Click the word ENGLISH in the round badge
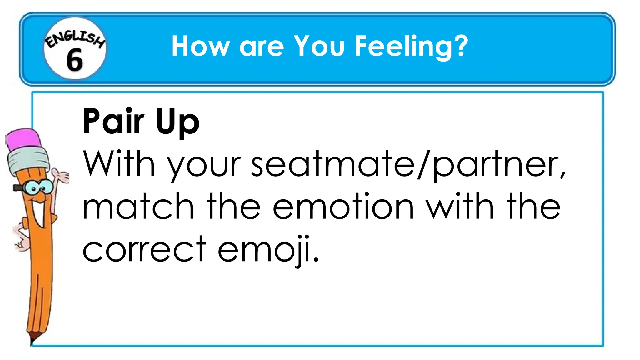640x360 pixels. coord(75,39)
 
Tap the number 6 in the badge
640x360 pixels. coord(74,60)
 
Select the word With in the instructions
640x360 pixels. coord(119,164)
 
